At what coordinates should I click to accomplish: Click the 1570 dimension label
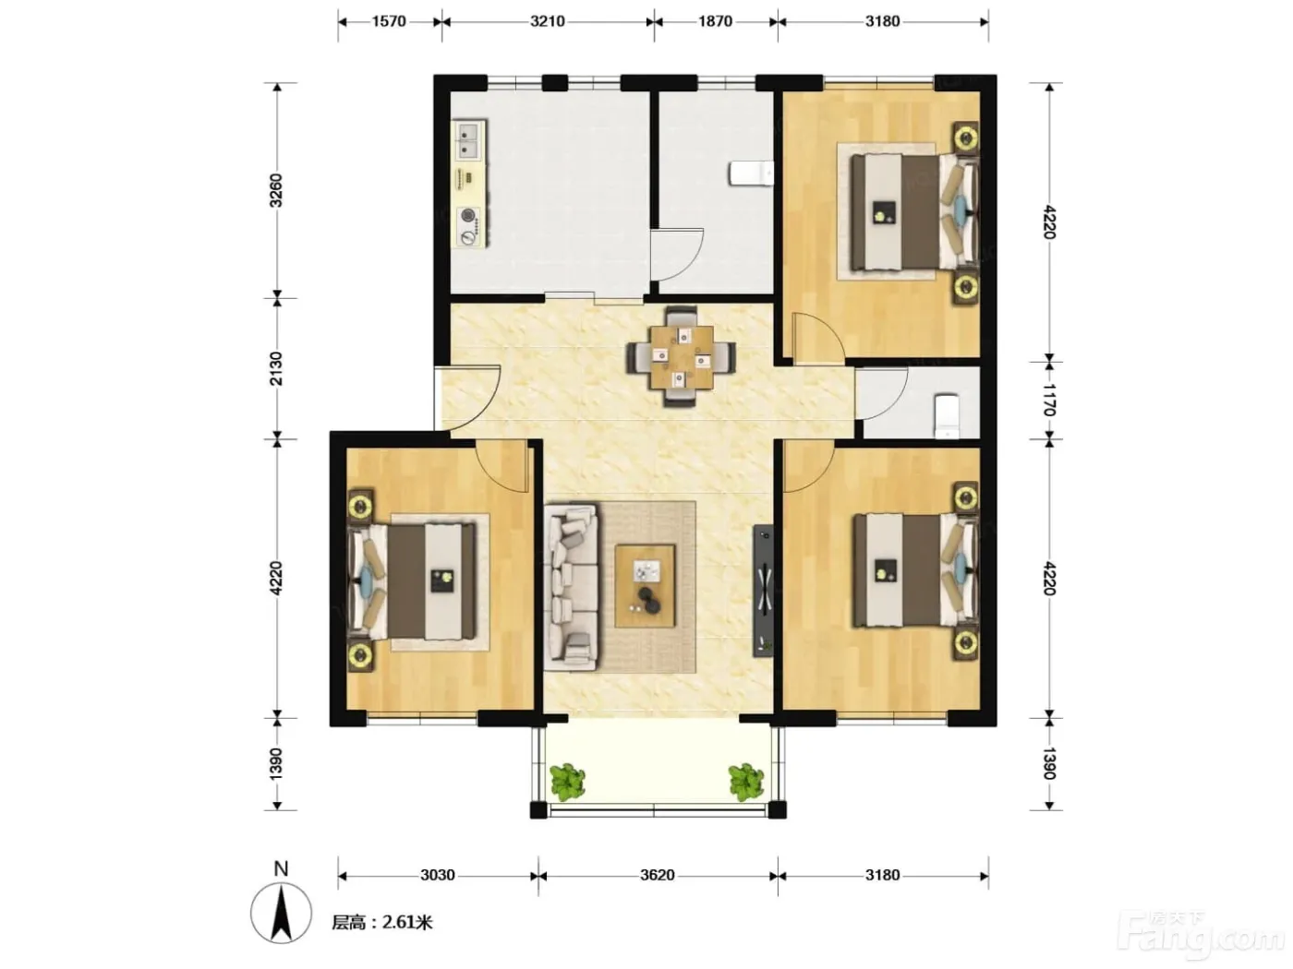point(389,22)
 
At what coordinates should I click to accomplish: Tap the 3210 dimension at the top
point(548,22)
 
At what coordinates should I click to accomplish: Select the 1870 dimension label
point(715,22)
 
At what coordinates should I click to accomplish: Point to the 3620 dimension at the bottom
point(658,876)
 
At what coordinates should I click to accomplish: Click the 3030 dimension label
point(438,876)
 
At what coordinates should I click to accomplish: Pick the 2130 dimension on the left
point(275,368)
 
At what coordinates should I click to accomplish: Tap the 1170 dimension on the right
point(1049,400)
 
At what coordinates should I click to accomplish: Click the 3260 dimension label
point(275,191)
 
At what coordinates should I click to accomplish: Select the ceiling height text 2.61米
point(407,922)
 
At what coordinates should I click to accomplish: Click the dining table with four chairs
point(681,357)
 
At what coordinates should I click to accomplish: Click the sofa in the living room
point(572,587)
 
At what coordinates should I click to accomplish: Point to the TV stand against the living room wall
point(764,590)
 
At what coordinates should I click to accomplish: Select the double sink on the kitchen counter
point(468,141)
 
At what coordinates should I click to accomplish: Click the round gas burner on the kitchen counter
point(469,215)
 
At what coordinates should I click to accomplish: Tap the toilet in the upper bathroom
point(751,173)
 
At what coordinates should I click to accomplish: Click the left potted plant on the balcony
point(568,782)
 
